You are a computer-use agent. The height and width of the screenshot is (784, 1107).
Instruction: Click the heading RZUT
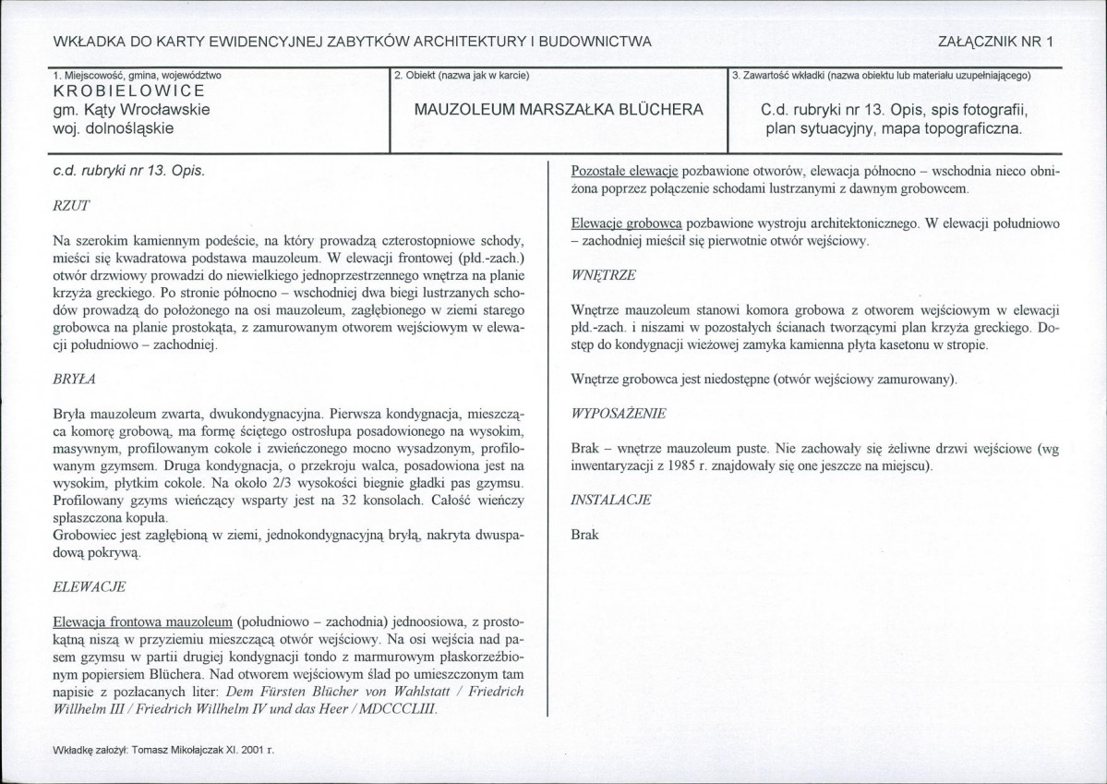tap(70, 204)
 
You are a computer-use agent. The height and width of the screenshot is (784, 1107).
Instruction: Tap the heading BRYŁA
tap(75, 379)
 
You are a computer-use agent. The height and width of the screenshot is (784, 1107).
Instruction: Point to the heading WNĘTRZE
tap(605, 274)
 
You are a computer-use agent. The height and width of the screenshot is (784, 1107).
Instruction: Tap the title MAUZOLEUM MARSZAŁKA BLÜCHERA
tap(559, 109)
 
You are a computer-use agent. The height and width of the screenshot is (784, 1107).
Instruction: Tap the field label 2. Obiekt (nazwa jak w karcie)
tap(461, 74)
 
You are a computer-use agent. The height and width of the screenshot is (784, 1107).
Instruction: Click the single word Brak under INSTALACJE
tap(585, 535)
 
